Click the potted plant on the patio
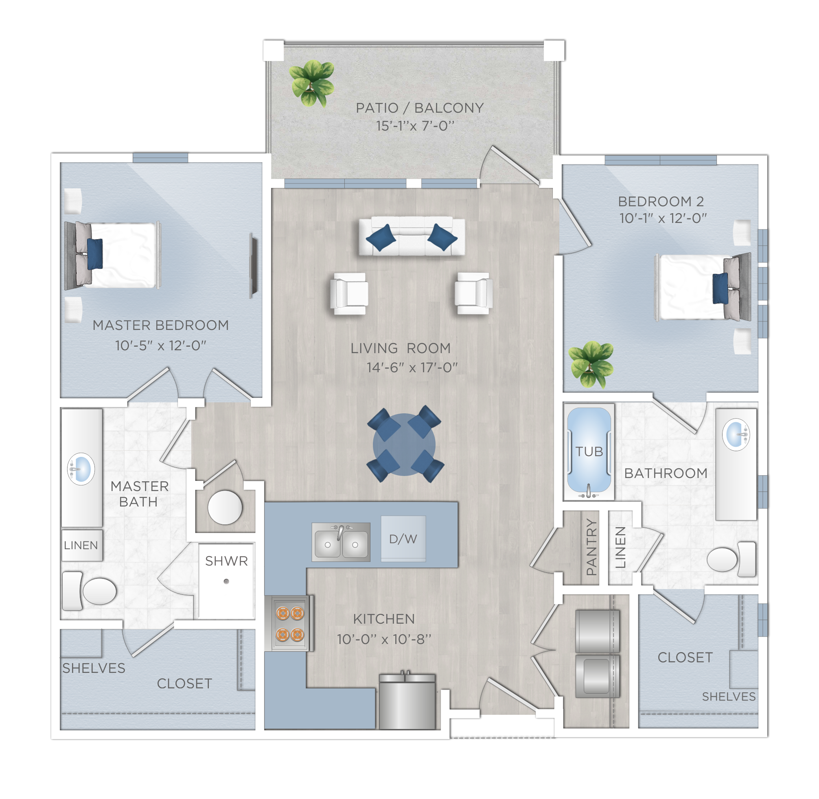(x=312, y=83)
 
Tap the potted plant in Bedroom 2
(x=591, y=364)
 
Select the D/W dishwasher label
(x=403, y=539)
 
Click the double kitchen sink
(x=341, y=542)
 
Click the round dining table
(x=404, y=444)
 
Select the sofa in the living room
(x=412, y=236)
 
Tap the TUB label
(x=589, y=452)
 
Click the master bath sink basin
(x=81, y=469)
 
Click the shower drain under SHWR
(x=226, y=581)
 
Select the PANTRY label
(x=591, y=546)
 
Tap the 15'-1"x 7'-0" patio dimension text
(x=415, y=125)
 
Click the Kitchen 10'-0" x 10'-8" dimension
(x=384, y=639)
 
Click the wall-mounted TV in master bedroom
(x=253, y=266)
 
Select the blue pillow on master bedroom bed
(x=95, y=254)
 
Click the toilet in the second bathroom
(x=731, y=559)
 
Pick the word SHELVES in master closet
(x=94, y=668)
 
